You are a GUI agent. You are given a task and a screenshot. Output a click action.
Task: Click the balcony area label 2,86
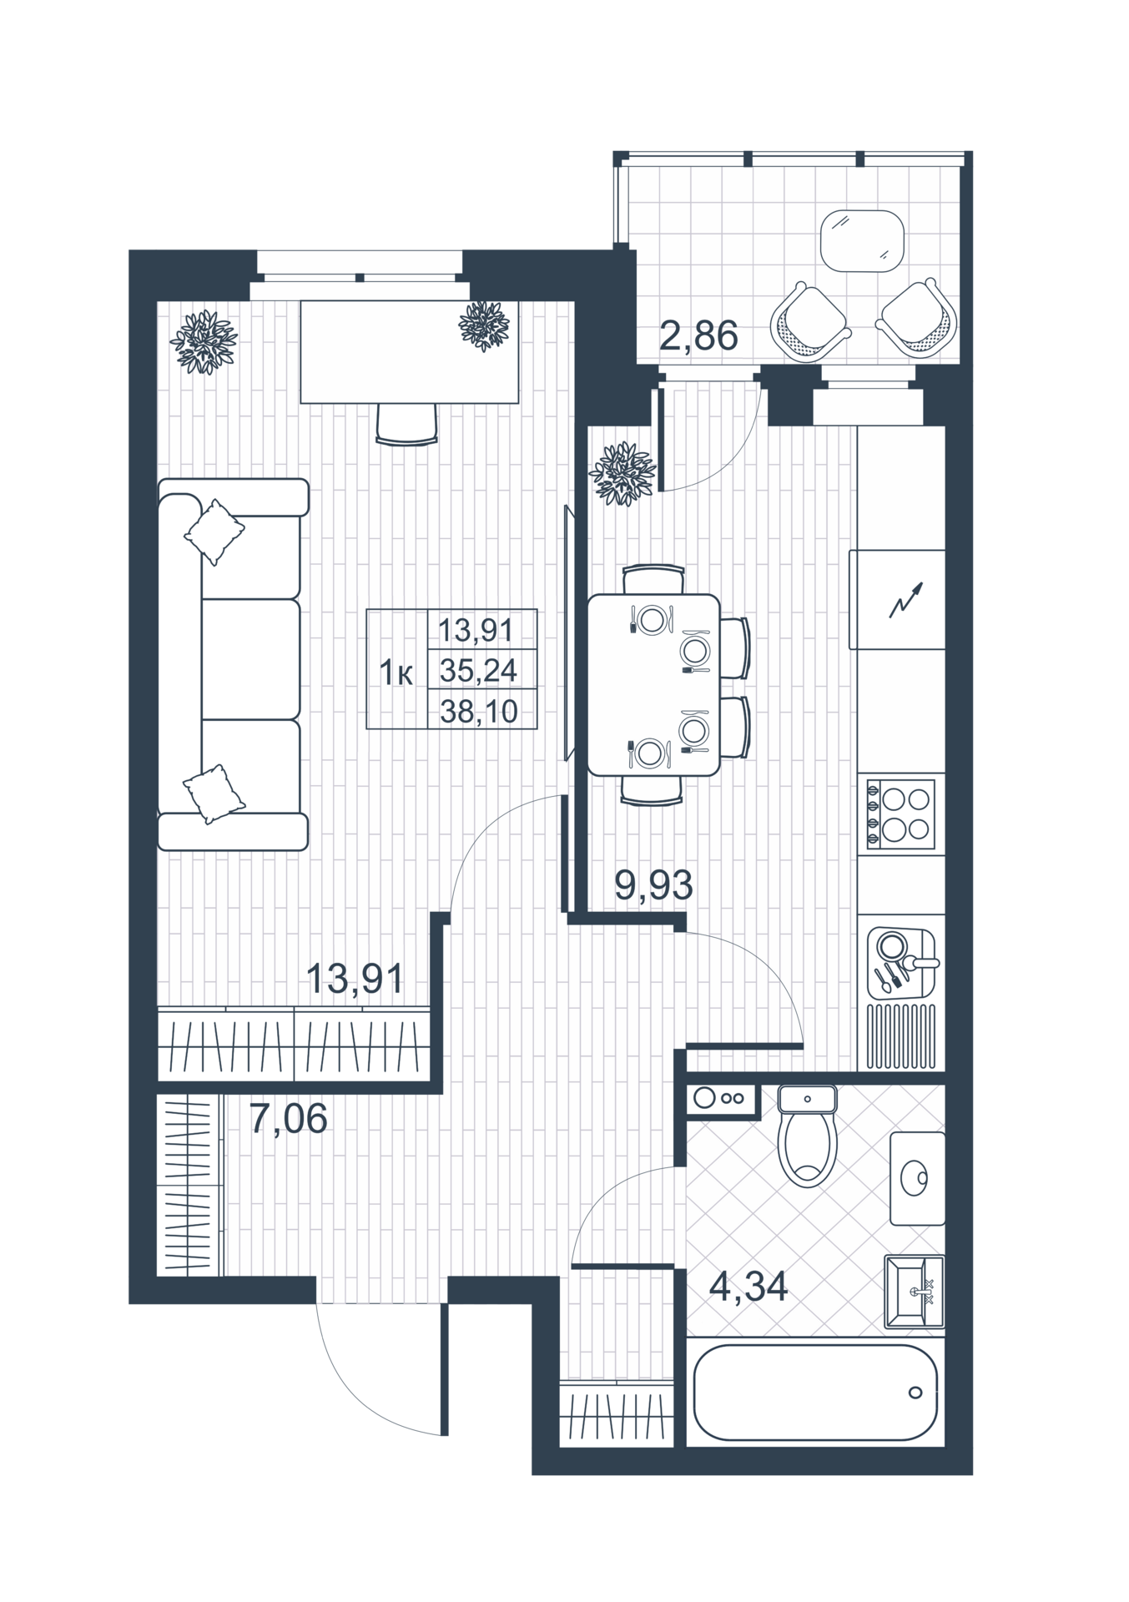point(698,336)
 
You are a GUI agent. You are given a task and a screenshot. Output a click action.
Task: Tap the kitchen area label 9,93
point(653,885)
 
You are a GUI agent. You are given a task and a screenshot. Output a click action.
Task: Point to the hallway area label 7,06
point(288,1118)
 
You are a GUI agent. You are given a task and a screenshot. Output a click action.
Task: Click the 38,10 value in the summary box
point(479,712)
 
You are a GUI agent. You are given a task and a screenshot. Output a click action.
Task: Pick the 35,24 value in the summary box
point(479,670)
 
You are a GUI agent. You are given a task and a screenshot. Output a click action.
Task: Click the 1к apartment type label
point(396,673)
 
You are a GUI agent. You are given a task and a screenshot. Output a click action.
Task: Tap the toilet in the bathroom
point(807,1136)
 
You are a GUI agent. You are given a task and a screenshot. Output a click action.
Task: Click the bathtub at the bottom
point(816,1392)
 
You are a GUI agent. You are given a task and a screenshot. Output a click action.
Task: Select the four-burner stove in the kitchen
point(901,814)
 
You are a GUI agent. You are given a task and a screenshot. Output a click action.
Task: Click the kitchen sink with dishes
point(902,964)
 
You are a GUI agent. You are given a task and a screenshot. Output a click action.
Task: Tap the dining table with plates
point(653,685)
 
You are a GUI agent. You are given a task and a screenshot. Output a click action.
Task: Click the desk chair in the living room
point(406,424)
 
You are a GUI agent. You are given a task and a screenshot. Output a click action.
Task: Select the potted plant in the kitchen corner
point(622,473)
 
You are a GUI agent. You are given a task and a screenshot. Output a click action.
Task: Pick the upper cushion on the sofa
point(214,531)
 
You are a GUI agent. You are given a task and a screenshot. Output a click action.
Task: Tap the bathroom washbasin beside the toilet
point(917,1178)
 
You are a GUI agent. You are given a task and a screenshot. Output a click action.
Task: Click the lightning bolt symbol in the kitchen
point(905,600)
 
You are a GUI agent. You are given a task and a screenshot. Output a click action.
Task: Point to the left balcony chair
point(810,322)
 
